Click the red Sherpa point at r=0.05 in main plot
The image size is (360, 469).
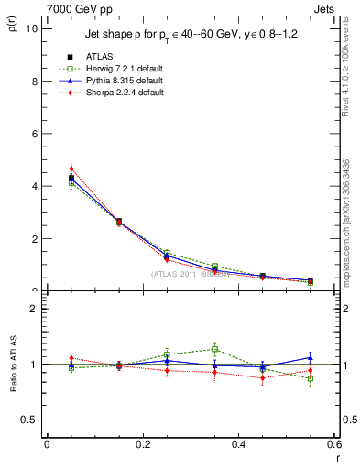(71, 169)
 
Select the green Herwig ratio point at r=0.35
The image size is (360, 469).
(214, 349)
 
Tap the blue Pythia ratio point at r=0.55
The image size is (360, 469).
(310, 358)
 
